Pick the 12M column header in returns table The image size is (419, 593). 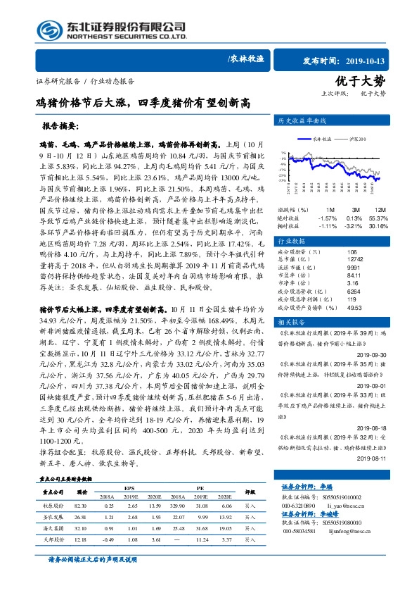(x=380, y=210)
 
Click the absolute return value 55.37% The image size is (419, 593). (x=380, y=218)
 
